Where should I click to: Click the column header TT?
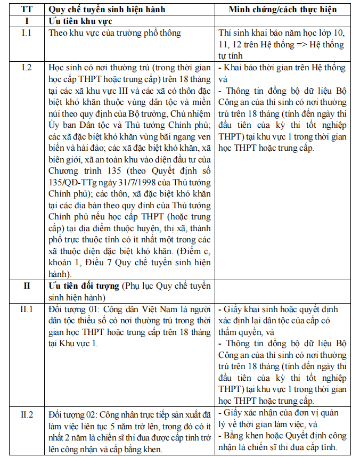26,10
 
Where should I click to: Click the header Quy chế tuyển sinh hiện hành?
107,10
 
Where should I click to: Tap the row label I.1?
26,33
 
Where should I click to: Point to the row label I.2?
26,68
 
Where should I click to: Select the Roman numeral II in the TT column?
26,286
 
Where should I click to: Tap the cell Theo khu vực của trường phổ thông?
114,33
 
